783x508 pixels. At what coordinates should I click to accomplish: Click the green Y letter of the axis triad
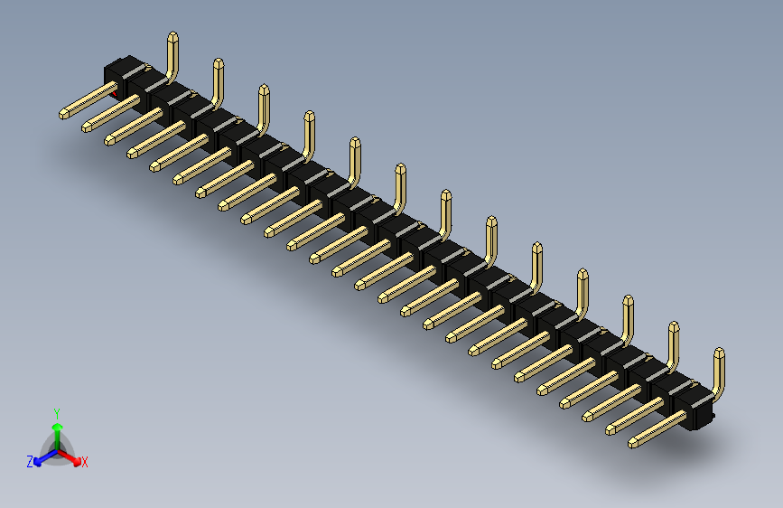click(x=56, y=412)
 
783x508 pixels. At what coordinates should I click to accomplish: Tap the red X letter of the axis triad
click(x=85, y=463)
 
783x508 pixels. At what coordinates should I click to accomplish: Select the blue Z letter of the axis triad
click(x=30, y=461)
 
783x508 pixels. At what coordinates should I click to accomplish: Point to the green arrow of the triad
click(x=56, y=428)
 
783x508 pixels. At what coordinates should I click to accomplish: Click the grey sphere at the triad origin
click(x=56, y=447)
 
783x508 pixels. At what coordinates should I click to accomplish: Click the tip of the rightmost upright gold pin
click(x=719, y=352)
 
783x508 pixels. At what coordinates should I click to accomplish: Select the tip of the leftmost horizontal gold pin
click(x=63, y=114)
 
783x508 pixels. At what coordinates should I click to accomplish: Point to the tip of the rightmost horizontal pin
click(x=633, y=443)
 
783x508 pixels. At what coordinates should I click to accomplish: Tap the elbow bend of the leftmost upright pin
click(x=171, y=74)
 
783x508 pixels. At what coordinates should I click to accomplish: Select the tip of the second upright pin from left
click(x=218, y=62)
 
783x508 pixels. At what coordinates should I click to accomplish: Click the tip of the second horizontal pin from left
click(x=87, y=126)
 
